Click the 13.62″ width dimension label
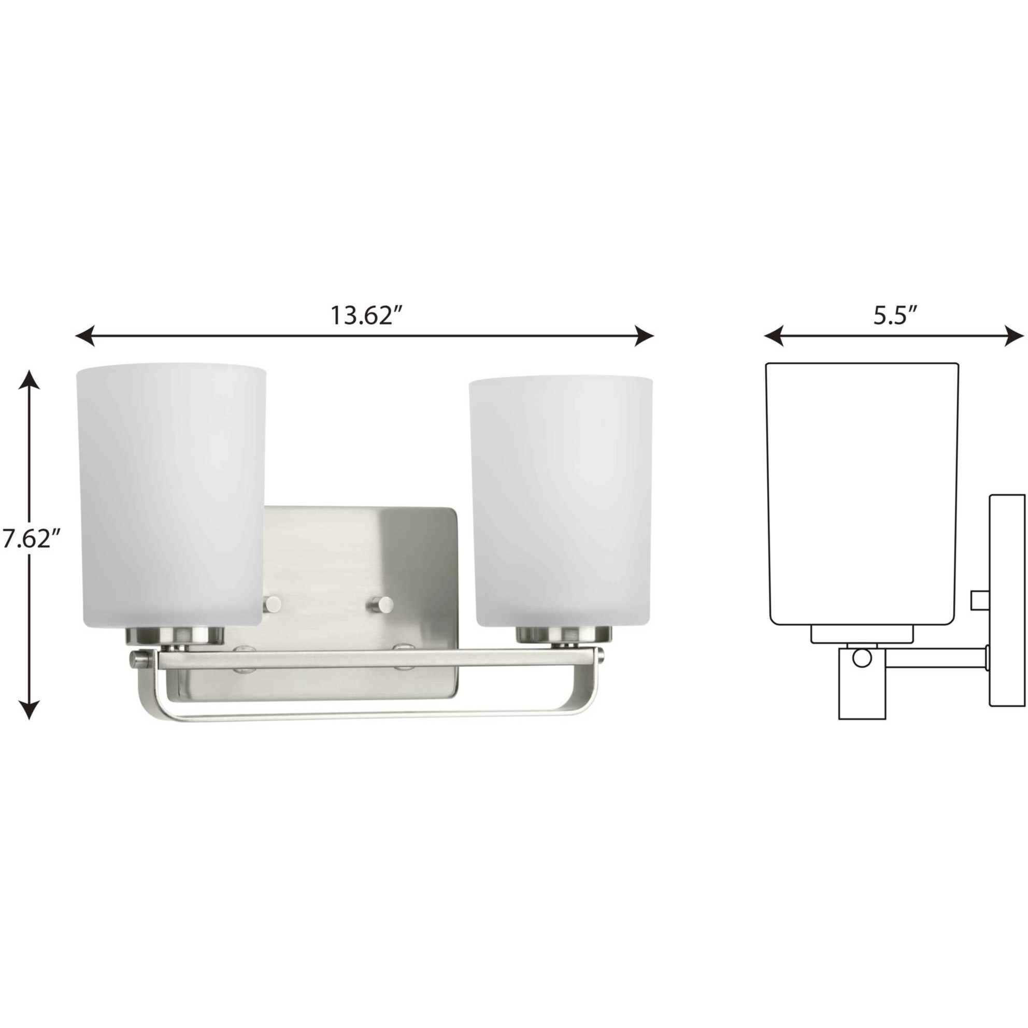[x=365, y=316]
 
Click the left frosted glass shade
[x=170, y=495]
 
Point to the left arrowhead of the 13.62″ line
[x=85, y=336]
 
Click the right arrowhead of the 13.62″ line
[x=644, y=336]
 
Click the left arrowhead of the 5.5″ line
[x=774, y=336]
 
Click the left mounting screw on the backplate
[x=273, y=604]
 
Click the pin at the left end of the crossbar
[x=137, y=661]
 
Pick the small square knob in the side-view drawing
[x=979, y=600]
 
